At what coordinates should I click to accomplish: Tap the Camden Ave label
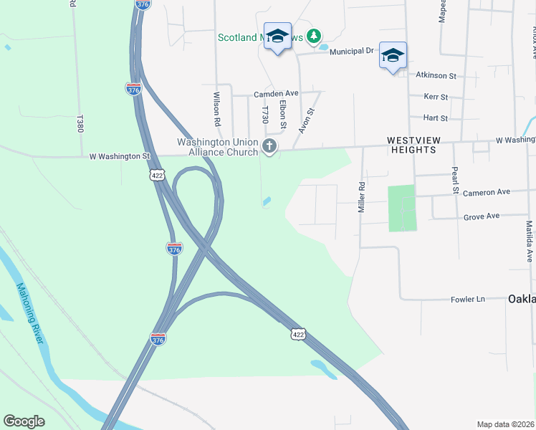click(276, 94)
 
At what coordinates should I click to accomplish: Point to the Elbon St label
click(284, 115)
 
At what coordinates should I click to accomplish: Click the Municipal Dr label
click(352, 51)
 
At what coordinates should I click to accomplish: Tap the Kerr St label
click(436, 97)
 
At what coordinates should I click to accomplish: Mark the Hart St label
click(435, 118)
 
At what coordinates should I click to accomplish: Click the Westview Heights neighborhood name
click(411, 145)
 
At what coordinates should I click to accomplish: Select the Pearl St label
click(454, 180)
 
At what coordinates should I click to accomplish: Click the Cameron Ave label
click(486, 192)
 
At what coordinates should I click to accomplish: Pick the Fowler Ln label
click(468, 299)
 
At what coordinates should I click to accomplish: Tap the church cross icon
click(269, 147)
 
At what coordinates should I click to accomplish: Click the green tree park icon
click(312, 35)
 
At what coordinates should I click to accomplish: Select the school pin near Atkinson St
click(393, 55)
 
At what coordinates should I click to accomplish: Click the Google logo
click(24, 421)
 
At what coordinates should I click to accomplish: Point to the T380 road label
click(80, 123)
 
